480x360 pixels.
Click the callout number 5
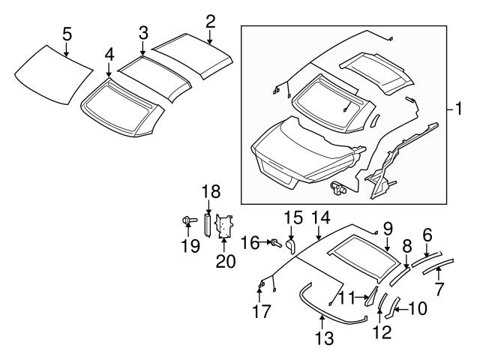[67, 34]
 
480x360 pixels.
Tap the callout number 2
[210, 22]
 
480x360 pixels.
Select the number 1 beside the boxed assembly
[458, 109]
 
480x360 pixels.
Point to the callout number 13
[325, 339]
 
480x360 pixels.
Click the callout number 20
[226, 262]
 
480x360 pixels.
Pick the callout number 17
[262, 312]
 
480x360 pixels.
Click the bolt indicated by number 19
[189, 220]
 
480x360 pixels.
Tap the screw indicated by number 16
[276, 244]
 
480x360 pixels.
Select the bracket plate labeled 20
[224, 226]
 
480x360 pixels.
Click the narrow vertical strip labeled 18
[208, 225]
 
